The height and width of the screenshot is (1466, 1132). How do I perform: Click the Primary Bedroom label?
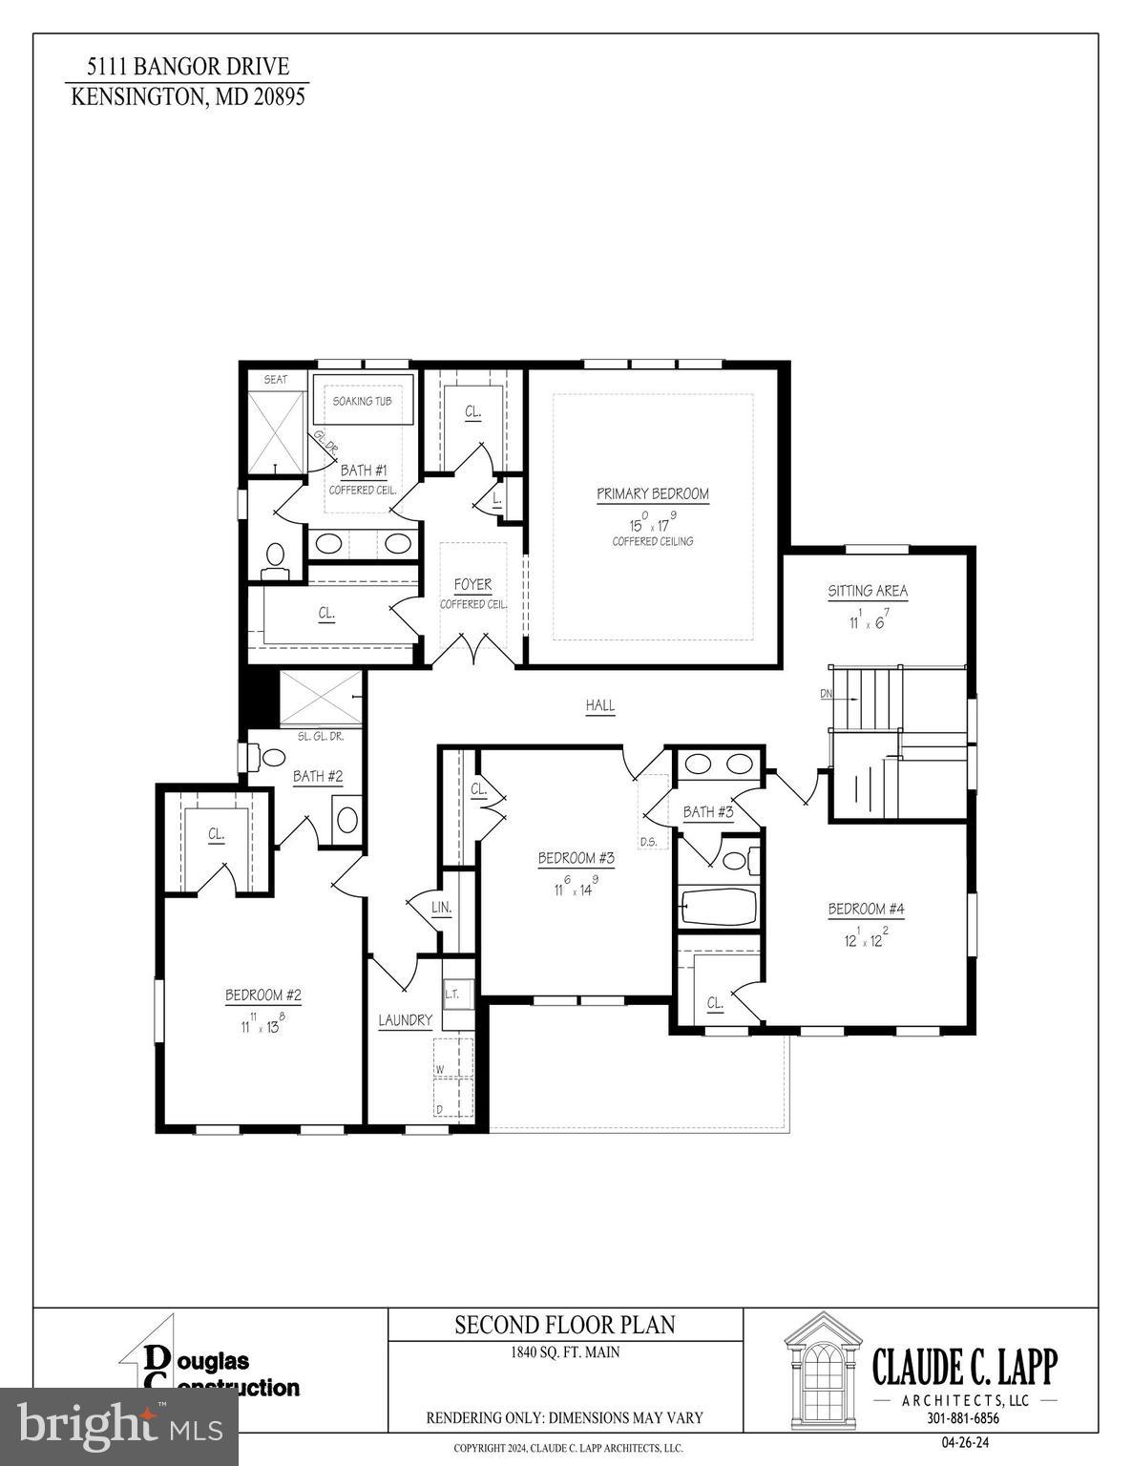pyautogui.click(x=653, y=494)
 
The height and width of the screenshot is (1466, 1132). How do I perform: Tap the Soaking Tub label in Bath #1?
pyautogui.click(x=362, y=402)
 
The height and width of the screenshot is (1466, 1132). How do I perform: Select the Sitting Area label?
pyautogui.click(x=868, y=592)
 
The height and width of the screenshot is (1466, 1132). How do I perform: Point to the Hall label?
pyautogui.click(x=600, y=706)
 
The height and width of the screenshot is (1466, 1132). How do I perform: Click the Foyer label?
pyautogui.click(x=472, y=585)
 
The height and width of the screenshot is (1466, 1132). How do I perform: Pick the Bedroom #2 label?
pyautogui.click(x=263, y=995)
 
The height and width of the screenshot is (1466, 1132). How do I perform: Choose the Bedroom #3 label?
pyautogui.click(x=576, y=859)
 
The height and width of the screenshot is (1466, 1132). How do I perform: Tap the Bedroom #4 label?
pyautogui.click(x=866, y=910)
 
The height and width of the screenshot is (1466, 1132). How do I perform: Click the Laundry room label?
pyautogui.click(x=406, y=1020)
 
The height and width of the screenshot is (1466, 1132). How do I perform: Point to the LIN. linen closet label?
pyautogui.click(x=441, y=907)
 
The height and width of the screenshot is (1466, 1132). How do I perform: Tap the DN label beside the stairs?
pyautogui.click(x=827, y=694)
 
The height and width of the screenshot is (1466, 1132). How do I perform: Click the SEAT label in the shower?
pyautogui.click(x=275, y=380)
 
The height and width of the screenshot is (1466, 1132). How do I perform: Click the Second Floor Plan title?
pyautogui.click(x=565, y=1325)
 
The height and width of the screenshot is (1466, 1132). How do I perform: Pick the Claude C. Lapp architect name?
pyautogui.click(x=965, y=1367)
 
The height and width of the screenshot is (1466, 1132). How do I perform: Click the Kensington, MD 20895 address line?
pyautogui.click(x=188, y=96)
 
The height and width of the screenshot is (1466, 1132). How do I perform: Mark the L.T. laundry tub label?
pyautogui.click(x=452, y=994)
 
